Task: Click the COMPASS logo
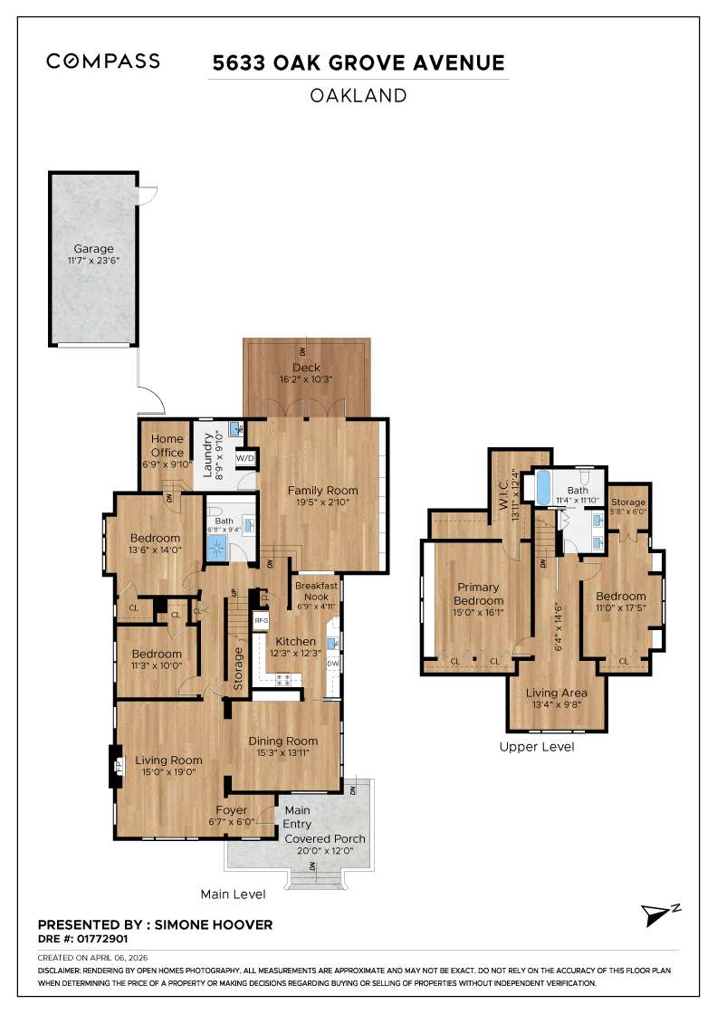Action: [x=103, y=61]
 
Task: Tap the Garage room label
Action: [x=94, y=248]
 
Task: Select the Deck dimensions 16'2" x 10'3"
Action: [x=307, y=379]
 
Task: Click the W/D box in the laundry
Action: [x=245, y=458]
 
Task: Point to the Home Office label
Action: [x=167, y=446]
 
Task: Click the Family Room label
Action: [x=318, y=491]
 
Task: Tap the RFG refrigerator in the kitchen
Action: [x=262, y=621]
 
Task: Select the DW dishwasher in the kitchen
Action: [x=332, y=664]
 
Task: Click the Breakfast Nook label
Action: [x=316, y=591]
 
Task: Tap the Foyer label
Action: [x=231, y=810]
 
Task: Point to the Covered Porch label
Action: [x=325, y=838]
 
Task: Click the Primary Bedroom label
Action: [x=478, y=594]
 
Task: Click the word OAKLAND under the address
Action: [x=358, y=95]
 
